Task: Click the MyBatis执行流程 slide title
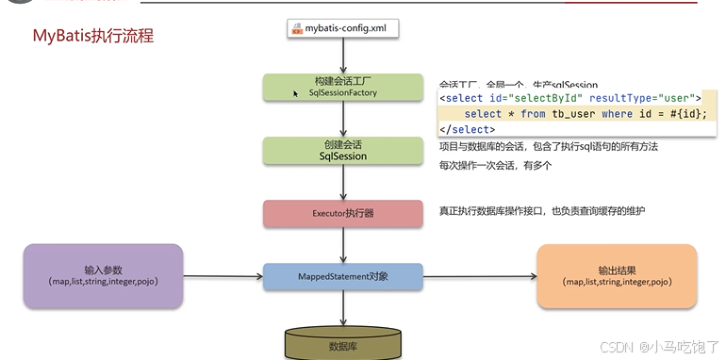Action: click(x=93, y=37)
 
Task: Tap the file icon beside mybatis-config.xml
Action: click(x=297, y=28)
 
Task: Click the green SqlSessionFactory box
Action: click(x=342, y=87)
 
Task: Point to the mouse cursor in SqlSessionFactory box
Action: click(x=296, y=93)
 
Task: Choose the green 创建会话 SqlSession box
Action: click(x=342, y=151)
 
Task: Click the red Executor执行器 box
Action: click(x=342, y=213)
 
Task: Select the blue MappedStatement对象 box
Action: click(x=342, y=277)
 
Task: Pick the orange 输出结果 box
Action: click(x=617, y=275)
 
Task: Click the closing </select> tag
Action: click(x=468, y=129)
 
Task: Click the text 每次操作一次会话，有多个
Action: click(x=494, y=165)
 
